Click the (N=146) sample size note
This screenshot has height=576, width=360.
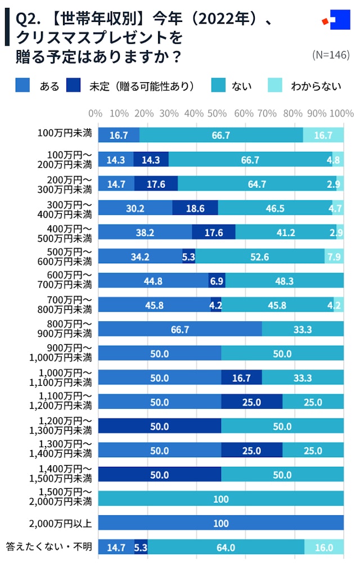pos(330,55)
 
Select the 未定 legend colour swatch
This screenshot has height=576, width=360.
pos(74,85)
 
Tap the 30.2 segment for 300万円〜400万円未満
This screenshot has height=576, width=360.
pos(135,208)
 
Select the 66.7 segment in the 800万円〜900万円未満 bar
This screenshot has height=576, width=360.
pos(180,329)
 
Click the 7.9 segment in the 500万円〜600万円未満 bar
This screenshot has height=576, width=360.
pos(334,256)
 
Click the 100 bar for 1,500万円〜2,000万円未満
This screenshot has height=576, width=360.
pos(220,499)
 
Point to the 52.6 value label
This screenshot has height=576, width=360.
pos(259,256)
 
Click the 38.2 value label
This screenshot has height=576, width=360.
pos(145,232)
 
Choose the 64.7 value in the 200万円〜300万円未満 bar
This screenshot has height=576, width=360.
pos(256,184)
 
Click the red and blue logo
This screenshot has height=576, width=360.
pos(335,22)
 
